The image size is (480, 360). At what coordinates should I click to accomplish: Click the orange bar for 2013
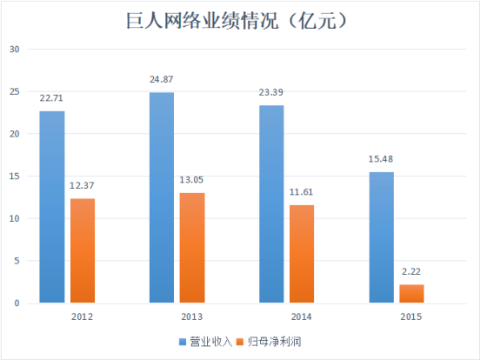pos(192,248)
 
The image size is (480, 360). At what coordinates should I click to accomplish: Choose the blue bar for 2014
pos(271,204)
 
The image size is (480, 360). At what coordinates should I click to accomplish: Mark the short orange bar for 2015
pos(412,294)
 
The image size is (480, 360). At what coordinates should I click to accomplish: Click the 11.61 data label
pos(302,194)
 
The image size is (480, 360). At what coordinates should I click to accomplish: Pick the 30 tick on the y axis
pos(14,49)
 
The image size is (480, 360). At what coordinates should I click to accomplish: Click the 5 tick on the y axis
pos(17,261)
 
